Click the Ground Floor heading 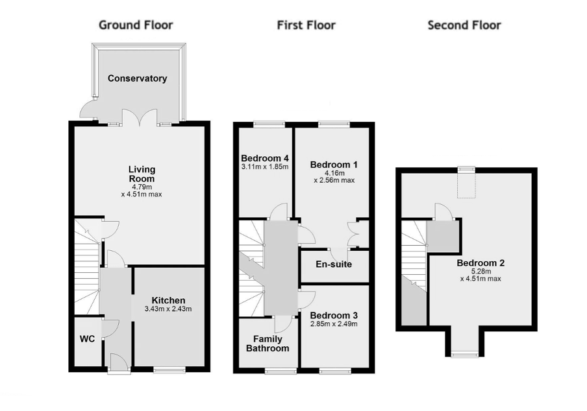[136, 25]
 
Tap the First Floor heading [306, 25]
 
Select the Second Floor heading [464, 25]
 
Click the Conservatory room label [138, 78]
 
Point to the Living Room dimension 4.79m [142, 187]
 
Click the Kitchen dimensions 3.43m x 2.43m [168, 309]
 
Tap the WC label [87, 339]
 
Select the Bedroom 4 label [265, 158]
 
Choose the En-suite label [334, 264]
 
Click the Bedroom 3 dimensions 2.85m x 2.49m [334, 324]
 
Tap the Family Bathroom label [268, 344]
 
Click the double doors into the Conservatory [140, 117]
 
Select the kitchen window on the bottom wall [169, 370]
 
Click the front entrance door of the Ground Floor [119, 363]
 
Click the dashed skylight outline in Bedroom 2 [466, 185]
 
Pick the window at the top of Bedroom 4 [269, 124]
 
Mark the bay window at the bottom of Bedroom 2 [464, 354]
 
